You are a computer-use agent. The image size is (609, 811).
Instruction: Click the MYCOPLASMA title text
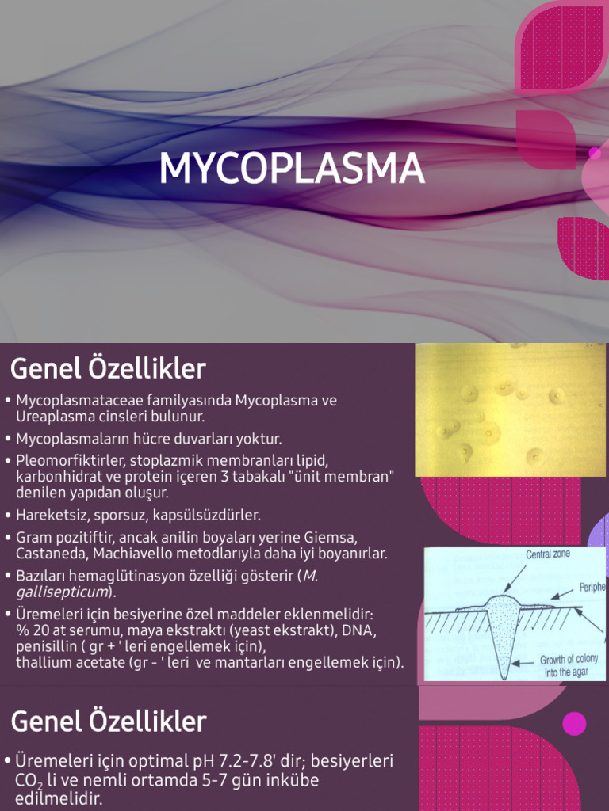click(291, 169)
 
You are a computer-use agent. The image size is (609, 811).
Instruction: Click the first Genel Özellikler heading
click(108, 368)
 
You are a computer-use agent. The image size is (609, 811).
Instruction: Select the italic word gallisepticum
click(61, 592)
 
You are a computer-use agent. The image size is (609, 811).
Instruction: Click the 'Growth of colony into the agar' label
click(569, 665)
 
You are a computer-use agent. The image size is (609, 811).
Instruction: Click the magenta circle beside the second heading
click(574, 723)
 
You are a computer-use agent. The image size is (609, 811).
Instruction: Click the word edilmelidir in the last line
click(58, 798)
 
